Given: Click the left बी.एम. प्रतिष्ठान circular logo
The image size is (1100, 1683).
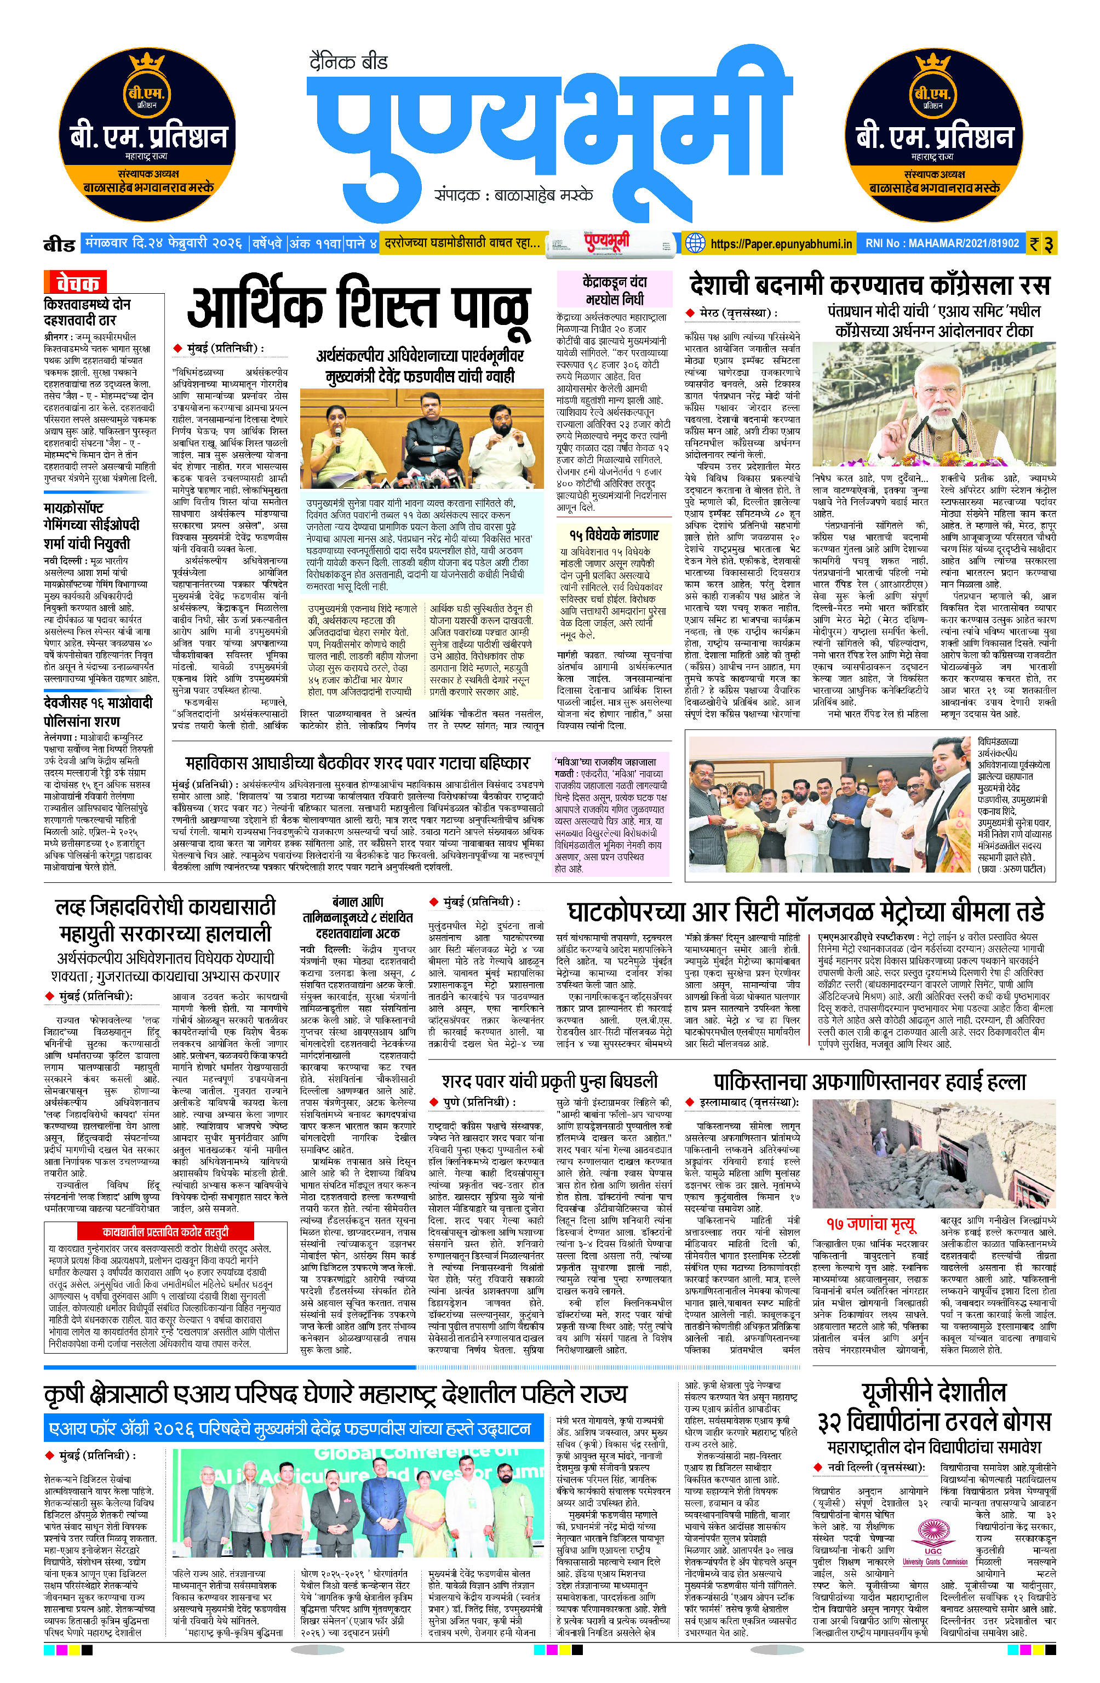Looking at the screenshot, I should (x=147, y=134).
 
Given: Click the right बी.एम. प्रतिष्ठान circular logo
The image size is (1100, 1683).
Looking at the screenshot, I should (x=933, y=134).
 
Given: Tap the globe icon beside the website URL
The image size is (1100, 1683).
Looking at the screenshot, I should (x=696, y=243).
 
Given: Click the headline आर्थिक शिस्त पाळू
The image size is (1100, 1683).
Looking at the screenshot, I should (x=359, y=309).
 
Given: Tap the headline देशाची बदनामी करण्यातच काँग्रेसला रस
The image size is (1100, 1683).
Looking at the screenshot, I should (x=869, y=286).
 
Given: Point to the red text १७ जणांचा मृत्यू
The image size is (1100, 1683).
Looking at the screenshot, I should (x=870, y=1223).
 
